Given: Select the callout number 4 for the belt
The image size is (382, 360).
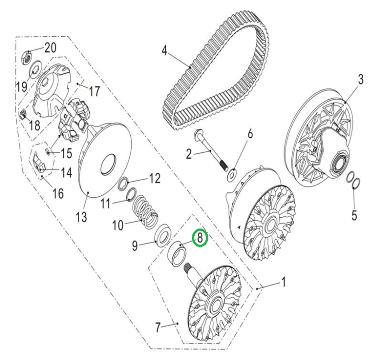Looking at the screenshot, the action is [165, 51].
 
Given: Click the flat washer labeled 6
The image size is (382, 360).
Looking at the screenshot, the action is [231, 175].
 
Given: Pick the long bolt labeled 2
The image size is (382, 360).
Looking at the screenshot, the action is [211, 150].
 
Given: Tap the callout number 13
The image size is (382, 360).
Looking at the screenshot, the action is [81, 216].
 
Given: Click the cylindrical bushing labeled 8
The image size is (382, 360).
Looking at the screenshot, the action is [177, 255].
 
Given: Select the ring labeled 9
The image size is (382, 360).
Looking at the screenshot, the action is [163, 237].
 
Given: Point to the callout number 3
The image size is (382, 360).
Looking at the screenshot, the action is [361, 80].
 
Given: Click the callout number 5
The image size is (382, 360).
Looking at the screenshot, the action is [354, 215].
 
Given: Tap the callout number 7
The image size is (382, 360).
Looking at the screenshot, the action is [158, 327].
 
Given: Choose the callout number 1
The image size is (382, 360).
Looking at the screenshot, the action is [283, 282].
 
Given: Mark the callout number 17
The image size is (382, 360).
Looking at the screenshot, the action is [94, 91].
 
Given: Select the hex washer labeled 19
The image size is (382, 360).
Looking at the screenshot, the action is [37, 68].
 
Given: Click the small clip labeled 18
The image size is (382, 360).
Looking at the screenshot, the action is [22, 114].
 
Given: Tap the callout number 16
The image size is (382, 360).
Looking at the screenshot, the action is [58, 193].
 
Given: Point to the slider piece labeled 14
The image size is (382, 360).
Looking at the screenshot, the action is [39, 162].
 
